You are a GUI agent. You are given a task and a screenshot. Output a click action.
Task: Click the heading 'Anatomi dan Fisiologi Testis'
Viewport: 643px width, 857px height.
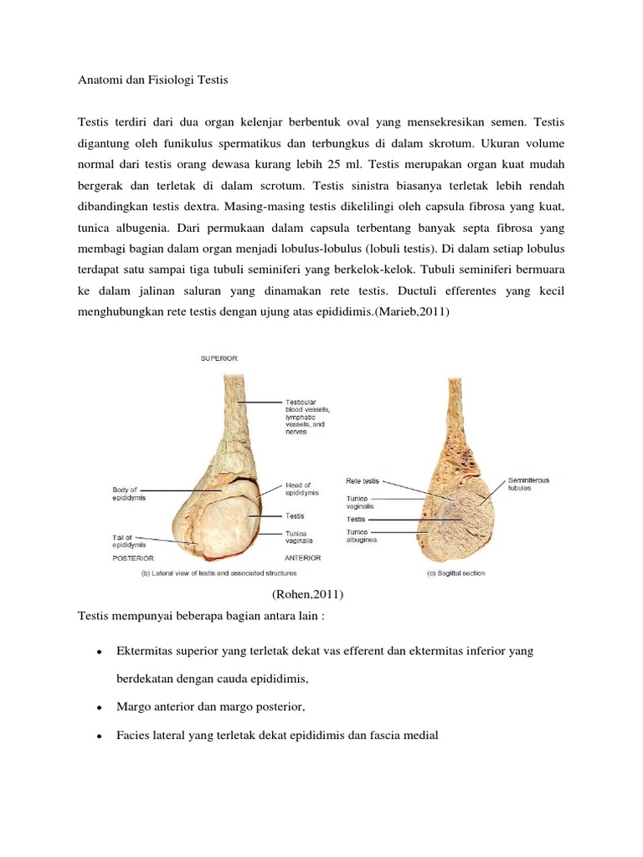(152, 80)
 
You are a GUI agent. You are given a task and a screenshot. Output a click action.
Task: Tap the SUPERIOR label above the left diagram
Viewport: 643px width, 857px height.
(219, 358)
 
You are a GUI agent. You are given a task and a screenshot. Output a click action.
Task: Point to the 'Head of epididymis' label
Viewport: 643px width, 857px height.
(298, 489)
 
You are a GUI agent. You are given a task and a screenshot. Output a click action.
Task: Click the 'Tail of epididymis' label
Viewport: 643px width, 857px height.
(130, 541)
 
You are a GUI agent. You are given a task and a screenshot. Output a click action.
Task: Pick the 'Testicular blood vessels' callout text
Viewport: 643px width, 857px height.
(307, 416)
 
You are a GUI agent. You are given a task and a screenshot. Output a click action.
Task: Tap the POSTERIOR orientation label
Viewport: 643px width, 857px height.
(134, 556)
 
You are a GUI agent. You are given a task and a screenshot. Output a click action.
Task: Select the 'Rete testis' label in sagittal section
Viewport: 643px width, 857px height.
(363, 481)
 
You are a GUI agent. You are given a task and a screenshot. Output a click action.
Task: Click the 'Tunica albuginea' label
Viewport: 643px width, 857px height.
(363, 536)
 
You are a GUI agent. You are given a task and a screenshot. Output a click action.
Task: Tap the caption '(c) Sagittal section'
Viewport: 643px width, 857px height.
(451, 573)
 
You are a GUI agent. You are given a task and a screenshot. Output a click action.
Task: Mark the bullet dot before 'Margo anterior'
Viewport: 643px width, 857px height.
(99, 708)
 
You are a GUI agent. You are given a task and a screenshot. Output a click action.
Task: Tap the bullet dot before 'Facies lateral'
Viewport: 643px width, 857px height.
(99, 736)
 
